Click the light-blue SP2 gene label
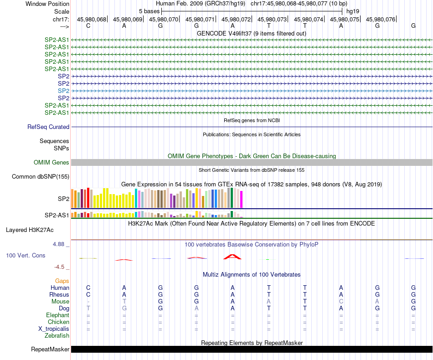pos(63,91)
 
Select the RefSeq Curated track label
pos(48,127)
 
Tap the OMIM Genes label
pos(52,162)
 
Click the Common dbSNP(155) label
pos(41,177)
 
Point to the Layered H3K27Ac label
pos(30,230)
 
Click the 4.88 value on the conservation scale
pos(58,244)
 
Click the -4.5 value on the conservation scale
pos(59,267)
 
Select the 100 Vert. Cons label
pos(26,255)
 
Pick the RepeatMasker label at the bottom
pos(50,349)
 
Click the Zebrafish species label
pos(57,336)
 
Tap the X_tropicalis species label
pos(54,329)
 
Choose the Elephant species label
pos(58,315)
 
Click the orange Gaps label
pos(62,281)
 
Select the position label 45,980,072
pos(236,19)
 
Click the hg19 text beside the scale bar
pos(353,11)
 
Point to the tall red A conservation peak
pos(232,257)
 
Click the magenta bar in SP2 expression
pos(242,199)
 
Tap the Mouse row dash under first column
pos(88,302)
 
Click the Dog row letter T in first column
pos(88,308)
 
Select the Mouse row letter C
pos(341,302)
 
